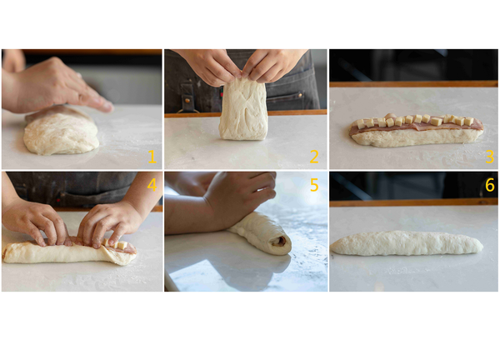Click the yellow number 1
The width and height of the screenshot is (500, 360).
152,157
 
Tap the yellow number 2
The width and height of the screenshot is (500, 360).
314,157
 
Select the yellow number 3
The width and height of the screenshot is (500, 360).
490,157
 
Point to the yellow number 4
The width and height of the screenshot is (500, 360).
152,185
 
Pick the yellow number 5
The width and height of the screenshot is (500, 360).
314,185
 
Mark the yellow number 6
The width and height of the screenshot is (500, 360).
490,185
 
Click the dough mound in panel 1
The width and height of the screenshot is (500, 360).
61,132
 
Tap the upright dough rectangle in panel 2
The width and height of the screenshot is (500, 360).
243,109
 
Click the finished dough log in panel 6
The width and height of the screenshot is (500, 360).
407,243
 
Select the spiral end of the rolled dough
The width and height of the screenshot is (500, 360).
282,243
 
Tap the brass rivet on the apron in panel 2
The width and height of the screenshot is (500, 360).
187,101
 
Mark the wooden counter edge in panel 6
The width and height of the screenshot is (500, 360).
413,202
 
